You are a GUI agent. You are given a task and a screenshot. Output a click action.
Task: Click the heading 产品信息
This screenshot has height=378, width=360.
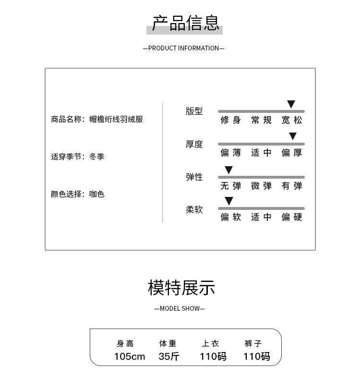click(x=185, y=23)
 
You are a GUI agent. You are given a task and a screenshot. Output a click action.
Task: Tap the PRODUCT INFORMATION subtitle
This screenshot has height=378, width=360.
click(x=183, y=48)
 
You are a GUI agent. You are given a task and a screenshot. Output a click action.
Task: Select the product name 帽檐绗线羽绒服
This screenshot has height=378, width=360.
click(x=116, y=119)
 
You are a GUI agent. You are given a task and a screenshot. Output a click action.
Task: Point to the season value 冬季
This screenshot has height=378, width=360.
click(x=96, y=157)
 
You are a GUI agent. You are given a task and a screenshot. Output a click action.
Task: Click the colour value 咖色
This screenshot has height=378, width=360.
click(x=96, y=194)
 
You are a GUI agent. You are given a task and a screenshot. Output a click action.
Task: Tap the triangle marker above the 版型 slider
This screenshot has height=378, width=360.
click(x=291, y=104)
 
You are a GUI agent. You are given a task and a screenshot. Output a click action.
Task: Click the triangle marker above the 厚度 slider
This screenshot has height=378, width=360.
click(x=293, y=136)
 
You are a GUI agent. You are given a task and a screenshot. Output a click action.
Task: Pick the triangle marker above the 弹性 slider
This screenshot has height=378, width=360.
click(x=229, y=170)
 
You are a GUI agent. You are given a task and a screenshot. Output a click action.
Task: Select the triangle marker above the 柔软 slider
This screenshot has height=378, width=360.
click(x=229, y=201)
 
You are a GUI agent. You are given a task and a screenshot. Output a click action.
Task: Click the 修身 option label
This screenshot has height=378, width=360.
click(x=230, y=120)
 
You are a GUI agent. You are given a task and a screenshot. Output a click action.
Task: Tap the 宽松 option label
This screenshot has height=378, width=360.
click(x=292, y=120)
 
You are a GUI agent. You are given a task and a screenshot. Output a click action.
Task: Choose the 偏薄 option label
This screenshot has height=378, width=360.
click(x=230, y=153)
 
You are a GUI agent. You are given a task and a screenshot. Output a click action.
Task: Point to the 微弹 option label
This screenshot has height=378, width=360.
click(x=261, y=186)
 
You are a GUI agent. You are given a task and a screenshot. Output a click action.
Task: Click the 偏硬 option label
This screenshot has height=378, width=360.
click(x=292, y=217)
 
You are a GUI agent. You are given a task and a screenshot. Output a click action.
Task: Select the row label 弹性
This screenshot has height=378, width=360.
click(x=194, y=177)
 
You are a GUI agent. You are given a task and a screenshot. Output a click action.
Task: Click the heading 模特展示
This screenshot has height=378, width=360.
click(x=181, y=288)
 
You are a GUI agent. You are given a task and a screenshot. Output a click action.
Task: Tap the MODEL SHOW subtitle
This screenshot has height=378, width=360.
click(x=180, y=308)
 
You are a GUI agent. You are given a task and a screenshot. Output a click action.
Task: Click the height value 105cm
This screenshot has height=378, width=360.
click(x=130, y=356)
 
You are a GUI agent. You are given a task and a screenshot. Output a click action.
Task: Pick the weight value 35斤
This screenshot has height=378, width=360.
click(x=169, y=356)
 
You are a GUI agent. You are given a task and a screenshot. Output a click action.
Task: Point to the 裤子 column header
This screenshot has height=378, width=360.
click(x=253, y=343)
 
